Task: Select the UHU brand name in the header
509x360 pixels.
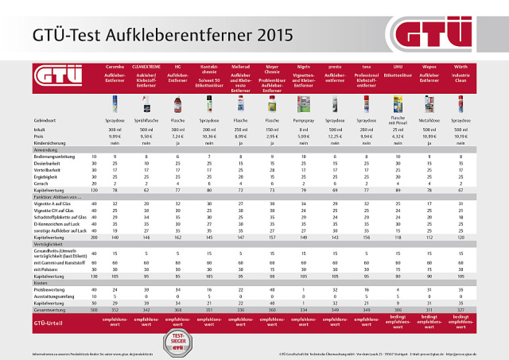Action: point(397,67)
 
